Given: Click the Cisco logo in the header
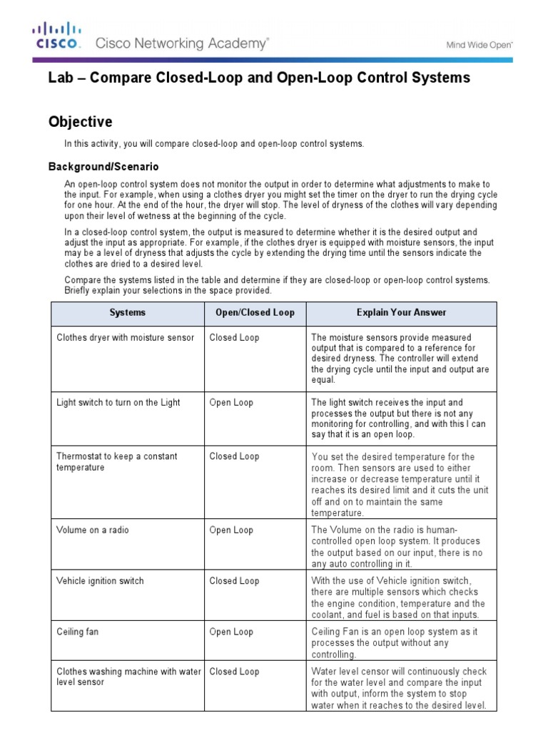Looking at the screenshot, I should [x=57, y=35].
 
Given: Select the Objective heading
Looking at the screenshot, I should [x=80, y=122].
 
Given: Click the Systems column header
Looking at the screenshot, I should [x=127, y=312].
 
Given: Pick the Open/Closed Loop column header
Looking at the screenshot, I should [x=255, y=312].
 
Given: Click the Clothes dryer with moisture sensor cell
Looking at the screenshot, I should [x=125, y=337].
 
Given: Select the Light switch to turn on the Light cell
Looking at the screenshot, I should [x=118, y=402].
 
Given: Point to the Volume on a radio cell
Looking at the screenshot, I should [x=93, y=530].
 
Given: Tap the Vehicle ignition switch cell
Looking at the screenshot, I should [x=100, y=580].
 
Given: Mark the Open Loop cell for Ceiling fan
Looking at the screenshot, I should [x=231, y=632].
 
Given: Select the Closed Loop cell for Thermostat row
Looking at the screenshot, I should [x=234, y=456].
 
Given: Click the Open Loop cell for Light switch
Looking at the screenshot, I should [x=231, y=402].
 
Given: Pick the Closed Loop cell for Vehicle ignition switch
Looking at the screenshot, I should [x=234, y=580].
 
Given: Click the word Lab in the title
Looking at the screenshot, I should [x=59, y=78].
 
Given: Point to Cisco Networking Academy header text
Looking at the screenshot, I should [x=182, y=43].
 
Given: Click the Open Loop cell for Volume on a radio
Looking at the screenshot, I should [x=231, y=530].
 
